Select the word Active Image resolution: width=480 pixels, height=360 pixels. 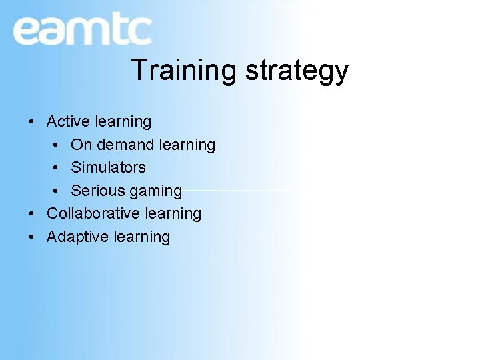68,121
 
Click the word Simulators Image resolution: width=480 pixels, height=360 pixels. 108,167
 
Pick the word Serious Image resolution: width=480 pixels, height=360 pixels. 97,191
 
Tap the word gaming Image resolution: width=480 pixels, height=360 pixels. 155,191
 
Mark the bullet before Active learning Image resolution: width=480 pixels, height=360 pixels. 31,122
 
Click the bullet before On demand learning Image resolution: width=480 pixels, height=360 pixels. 56,145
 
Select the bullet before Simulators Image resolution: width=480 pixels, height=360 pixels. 56,168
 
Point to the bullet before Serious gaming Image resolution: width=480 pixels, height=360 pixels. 56,191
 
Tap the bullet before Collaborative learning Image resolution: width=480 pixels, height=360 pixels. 31,214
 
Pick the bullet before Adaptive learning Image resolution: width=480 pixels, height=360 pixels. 31,237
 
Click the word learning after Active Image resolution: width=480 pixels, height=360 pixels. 123,122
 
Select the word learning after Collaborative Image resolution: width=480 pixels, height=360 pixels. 173,214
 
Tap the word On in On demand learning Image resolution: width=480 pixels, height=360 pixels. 81,145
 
